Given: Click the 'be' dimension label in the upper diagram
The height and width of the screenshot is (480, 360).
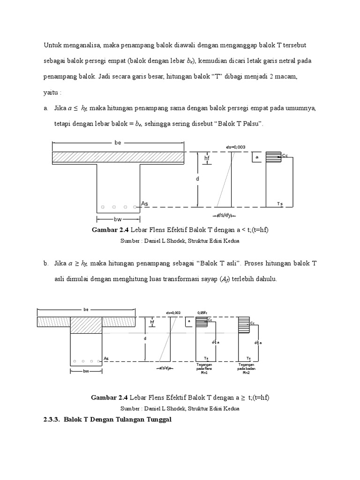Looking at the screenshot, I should coord(118,143).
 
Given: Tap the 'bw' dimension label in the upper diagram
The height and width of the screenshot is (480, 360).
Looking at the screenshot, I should coord(118,219).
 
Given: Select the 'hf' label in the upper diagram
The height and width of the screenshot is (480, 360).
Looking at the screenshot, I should coord(207,158).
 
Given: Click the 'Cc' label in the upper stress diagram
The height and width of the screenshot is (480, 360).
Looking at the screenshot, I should coord(285,155).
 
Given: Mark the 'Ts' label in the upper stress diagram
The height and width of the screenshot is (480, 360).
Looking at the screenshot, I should coord(280,203).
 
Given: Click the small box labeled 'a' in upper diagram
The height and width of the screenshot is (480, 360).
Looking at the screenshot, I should coord(256,157).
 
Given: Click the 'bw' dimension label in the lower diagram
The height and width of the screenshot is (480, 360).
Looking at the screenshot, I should coord(86,371).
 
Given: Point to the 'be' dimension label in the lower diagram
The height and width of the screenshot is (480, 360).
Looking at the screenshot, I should coord(86,309).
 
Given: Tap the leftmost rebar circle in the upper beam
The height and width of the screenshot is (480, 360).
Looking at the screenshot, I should coord(103,207).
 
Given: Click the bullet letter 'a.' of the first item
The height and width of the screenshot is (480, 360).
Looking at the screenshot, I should coord(46,108).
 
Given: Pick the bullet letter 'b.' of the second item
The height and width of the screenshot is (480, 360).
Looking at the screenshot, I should coord(46,264).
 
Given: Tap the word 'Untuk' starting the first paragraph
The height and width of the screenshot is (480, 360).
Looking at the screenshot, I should coord(52,45).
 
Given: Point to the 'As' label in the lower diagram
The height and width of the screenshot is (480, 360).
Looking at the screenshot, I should coord(106,359).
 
